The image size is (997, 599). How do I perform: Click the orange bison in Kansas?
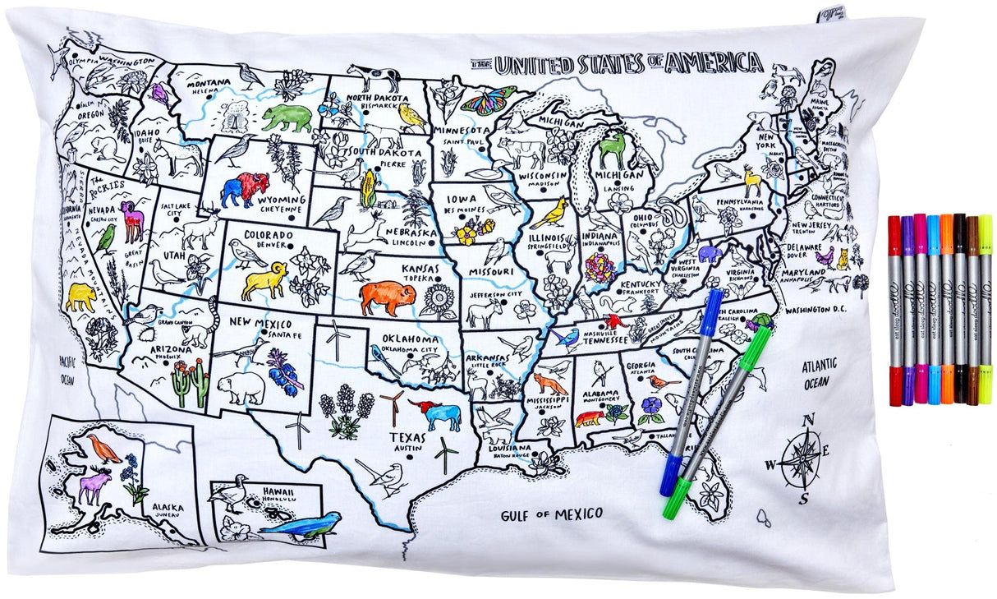tap(387, 297)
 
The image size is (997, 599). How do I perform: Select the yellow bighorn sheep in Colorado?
tap(264, 281)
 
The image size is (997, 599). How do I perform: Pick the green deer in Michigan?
tap(612, 150)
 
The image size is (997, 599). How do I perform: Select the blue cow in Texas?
tap(441, 416)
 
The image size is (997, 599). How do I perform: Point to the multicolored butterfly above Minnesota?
tap(489, 99)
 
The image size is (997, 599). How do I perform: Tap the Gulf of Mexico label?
tap(552, 514)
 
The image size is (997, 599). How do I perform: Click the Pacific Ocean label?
tap(67, 371)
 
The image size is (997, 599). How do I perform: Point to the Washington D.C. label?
tap(820, 311)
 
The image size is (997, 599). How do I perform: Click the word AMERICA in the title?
tap(712, 62)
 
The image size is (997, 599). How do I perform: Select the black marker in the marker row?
tap(959, 311)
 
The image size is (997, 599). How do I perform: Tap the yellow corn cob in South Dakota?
tap(369, 188)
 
